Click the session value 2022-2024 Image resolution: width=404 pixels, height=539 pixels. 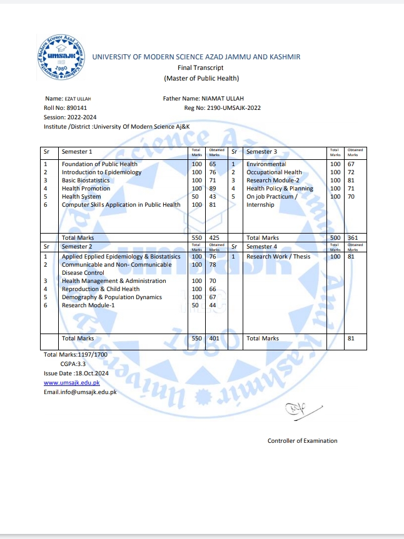(83, 117)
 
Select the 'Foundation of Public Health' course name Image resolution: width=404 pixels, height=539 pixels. (99, 164)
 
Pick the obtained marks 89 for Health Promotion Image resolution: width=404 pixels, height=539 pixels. (213, 189)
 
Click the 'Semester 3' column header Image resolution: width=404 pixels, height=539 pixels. (261, 152)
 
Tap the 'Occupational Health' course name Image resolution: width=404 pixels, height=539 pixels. (274, 172)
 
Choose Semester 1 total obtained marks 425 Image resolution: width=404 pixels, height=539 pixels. (214, 238)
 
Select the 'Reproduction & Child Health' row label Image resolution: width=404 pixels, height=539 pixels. (101, 289)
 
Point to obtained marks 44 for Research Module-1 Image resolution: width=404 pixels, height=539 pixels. (213, 305)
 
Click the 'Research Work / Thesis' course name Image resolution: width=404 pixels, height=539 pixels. (278, 257)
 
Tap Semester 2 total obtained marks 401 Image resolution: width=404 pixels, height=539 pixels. (214, 338)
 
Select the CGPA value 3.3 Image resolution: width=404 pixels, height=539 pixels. (81, 364)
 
